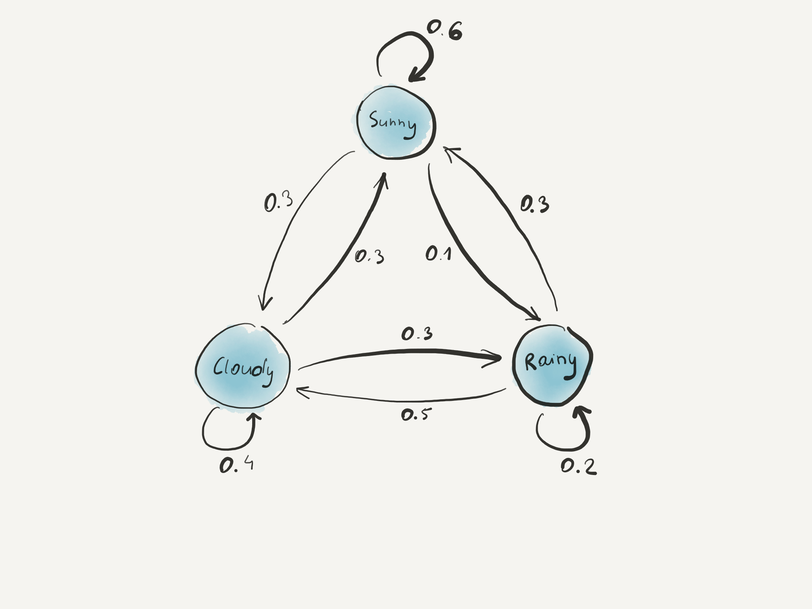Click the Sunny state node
396,123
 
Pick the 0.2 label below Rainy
578,466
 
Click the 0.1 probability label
439,253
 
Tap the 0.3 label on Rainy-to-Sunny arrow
534,205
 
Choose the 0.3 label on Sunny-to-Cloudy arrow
278,202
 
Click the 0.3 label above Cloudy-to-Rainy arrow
417,334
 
